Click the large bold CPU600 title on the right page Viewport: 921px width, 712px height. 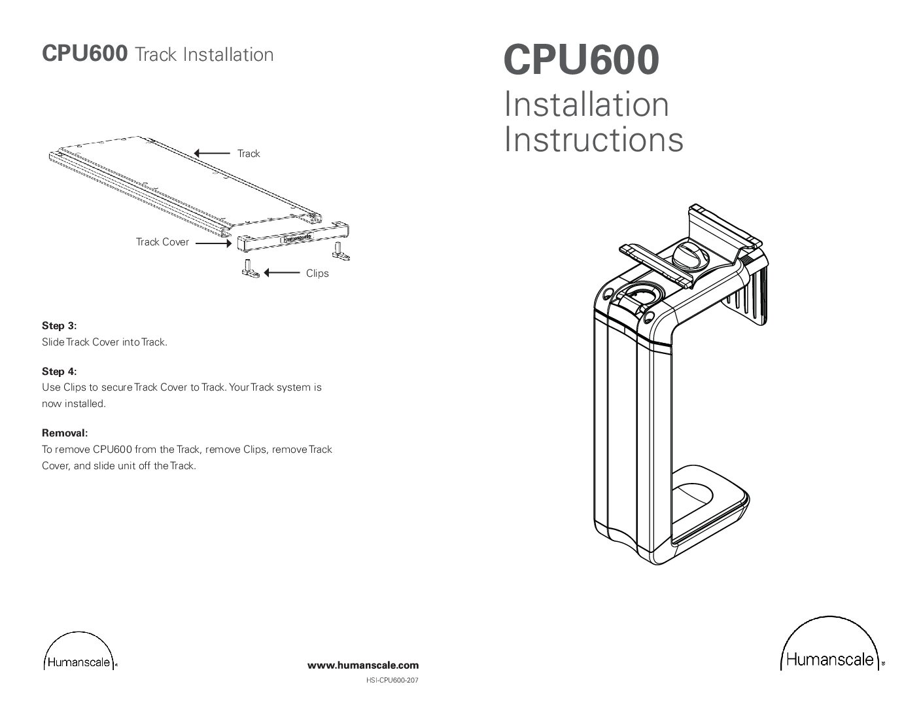[581, 60]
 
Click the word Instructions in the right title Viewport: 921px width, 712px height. [593, 139]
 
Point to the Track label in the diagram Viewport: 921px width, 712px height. [249, 154]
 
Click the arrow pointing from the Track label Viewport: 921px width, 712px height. [212, 153]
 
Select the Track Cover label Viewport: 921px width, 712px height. [162, 242]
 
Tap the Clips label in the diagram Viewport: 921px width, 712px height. [317, 274]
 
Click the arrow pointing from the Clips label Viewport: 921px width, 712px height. [282, 273]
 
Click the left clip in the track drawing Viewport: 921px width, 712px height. [251, 268]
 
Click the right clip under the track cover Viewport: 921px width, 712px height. [339, 251]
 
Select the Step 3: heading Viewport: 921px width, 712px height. [59, 326]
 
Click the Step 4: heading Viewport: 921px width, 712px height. [59, 372]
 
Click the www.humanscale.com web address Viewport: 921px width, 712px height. [363, 666]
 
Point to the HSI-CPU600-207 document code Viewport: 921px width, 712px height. [392, 681]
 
